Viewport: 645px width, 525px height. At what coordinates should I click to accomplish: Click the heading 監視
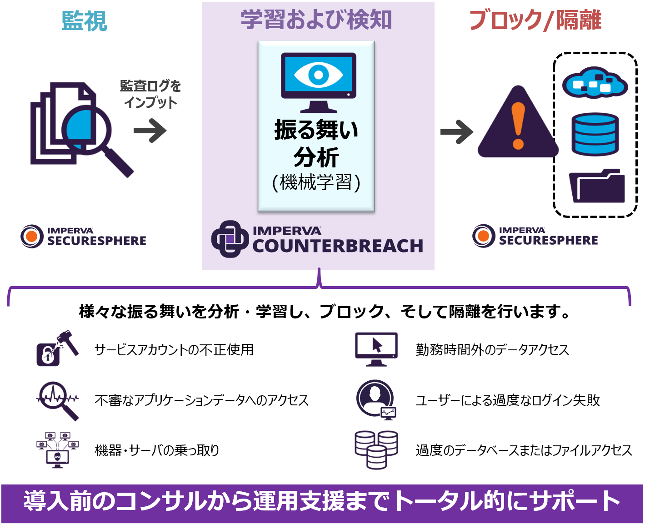[84, 21]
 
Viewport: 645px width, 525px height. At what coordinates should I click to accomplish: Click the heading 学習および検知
[316, 20]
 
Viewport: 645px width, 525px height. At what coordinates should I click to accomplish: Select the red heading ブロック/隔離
[535, 20]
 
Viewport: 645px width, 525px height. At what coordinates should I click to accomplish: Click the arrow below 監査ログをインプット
[150, 131]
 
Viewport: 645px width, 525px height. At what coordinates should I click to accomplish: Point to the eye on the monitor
[318, 75]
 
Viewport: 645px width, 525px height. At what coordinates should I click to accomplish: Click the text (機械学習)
[316, 182]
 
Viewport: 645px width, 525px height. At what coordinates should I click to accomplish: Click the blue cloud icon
[595, 83]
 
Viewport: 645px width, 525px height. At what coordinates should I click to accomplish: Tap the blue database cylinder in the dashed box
[595, 134]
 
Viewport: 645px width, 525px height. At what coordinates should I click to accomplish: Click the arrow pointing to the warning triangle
[456, 132]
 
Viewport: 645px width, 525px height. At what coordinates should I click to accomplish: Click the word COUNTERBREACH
[338, 246]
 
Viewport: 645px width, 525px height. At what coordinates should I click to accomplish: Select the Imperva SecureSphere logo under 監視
[84, 236]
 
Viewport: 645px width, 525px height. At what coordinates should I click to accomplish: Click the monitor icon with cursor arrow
[376, 349]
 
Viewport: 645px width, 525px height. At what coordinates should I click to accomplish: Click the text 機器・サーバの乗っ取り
[157, 450]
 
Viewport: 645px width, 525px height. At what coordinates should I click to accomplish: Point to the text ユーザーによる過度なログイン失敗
[508, 400]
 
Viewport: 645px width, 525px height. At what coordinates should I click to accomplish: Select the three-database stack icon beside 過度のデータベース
[376, 449]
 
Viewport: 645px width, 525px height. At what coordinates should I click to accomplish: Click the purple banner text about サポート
[322, 501]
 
